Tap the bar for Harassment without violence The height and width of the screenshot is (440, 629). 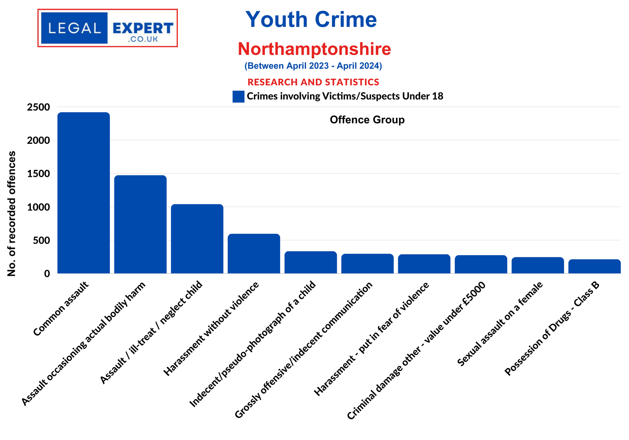tap(254, 253)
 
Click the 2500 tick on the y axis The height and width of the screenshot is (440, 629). tap(38, 107)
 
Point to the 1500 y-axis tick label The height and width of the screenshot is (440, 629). tap(38, 174)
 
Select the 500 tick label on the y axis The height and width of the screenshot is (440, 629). tap(41, 240)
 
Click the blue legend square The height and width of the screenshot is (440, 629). tap(238, 96)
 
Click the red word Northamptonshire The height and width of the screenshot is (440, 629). tap(314, 49)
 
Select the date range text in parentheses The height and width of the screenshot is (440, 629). tap(313, 66)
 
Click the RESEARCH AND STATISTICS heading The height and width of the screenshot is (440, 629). tap(313, 82)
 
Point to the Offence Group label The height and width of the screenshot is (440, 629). tap(367, 120)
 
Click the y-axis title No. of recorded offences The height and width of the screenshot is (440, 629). tap(12, 213)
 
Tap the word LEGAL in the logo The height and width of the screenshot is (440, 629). tap(74, 28)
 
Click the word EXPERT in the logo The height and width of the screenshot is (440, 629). tap(143, 28)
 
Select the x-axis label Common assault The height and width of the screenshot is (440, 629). tap(61, 308)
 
